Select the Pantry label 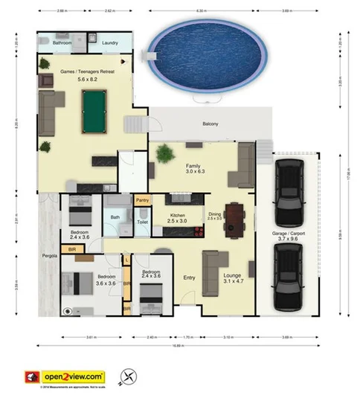coord(143,200)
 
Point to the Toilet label coord(143,222)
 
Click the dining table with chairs coord(236,217)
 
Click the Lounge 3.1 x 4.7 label coord(232,279)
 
